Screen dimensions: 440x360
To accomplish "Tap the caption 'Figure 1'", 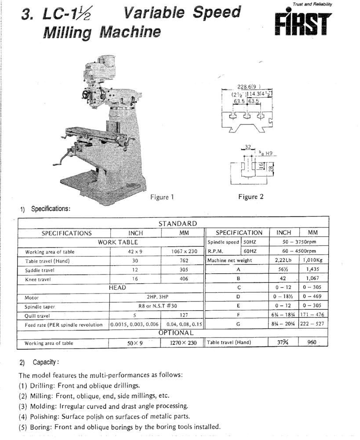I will [x=162, y=197].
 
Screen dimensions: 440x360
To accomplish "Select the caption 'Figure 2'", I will [x=251, y=197].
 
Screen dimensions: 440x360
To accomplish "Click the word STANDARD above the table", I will [x=178, y=224].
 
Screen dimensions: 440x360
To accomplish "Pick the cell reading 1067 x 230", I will [x=183, y=251].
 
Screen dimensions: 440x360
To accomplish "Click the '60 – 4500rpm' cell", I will [x=299, y=251].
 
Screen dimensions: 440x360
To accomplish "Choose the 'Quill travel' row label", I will [x=39, y=315].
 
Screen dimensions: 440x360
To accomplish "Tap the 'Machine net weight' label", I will [x=229, y=260].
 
